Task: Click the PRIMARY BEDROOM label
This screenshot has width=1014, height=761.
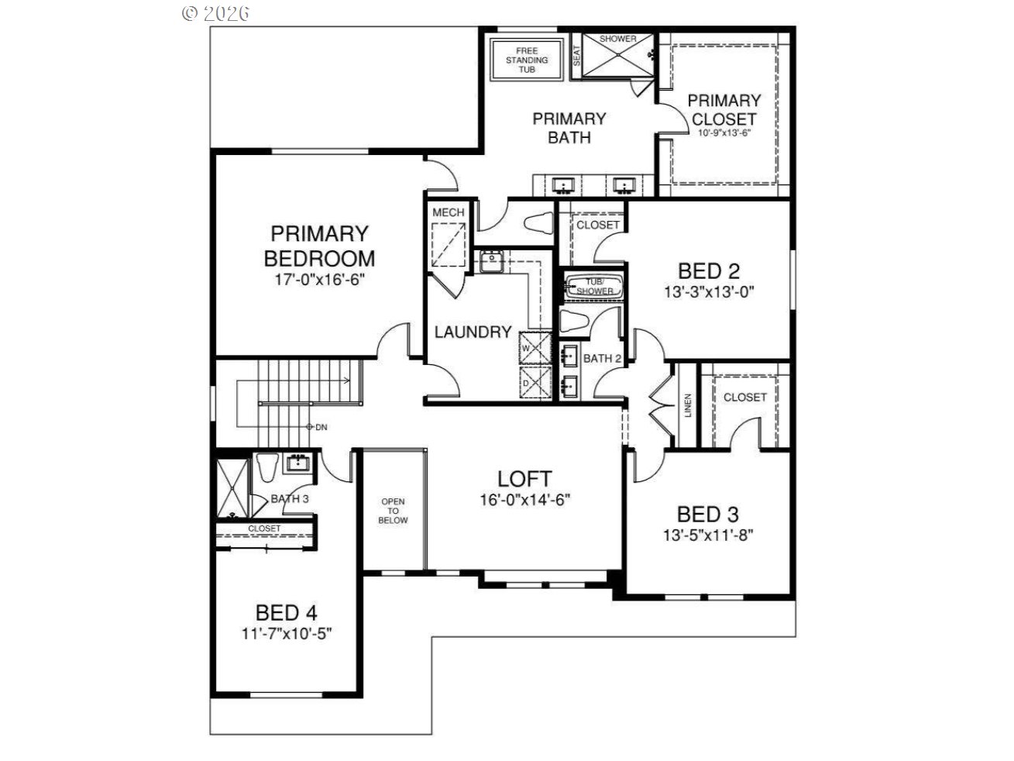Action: click(x=319, y=246)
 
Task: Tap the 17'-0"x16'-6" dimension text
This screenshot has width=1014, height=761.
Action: click(x=320, y=280)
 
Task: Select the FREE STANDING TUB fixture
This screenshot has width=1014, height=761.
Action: click(x=527, y=60)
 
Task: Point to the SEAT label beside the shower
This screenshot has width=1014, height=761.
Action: click(x=576, y=56)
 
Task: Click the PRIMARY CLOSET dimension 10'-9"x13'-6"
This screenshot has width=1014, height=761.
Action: click(x=724, y=133)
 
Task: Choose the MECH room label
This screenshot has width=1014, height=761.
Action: click(x=448, y=212)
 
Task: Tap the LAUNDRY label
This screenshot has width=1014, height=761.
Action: click(x=473, y=332)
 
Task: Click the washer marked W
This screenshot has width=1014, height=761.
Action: click(x=535, y=348)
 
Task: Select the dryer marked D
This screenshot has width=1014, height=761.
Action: click(x=535, y=382)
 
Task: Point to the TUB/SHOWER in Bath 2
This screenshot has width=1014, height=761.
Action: click(x=594, y=287)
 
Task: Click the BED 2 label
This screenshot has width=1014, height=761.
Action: click(x=709, y=271)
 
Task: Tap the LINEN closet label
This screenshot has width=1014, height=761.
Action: click(x=688, y=405)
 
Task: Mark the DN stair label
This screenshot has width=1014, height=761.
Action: click(x=321, y=428)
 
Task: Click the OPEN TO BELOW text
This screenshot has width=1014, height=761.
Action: click(x=393, y=511)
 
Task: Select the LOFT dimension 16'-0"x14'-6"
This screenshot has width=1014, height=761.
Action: click(x=524, y=500)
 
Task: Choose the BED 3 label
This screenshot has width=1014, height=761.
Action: click(x=708, y=515)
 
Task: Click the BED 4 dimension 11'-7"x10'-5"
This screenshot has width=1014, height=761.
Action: click(x=287, y=633)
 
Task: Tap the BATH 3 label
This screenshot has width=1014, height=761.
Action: click(x=290, y=498)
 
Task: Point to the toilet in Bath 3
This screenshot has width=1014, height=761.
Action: click(x=267, y=467)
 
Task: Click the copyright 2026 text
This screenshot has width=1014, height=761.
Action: click(x=215, y=13)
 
